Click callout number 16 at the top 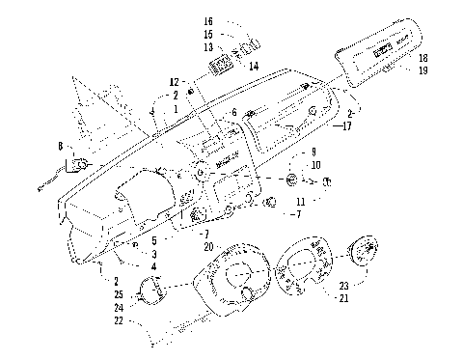208,20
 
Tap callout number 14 254,66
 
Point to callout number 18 423,59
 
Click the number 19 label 423,70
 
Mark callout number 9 313,152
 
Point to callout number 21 342,298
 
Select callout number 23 342,286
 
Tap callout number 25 119,293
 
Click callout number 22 119,319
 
